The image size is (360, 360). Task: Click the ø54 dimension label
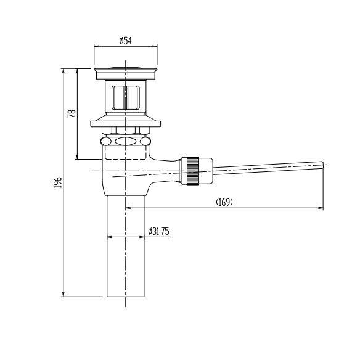tap(126, 41)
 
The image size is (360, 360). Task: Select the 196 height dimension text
tap(58, 182)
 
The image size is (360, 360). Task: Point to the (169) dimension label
tap(224, 202)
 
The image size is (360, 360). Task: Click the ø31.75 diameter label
tap(158, 231)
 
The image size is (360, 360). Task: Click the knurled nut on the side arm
tap(192, 171)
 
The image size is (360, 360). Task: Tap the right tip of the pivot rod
tap(323, 165)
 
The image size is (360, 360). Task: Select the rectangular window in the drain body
tap(126, 97)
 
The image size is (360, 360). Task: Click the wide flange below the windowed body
tap(125, 121)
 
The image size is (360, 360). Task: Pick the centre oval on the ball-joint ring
tap(125, 141)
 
